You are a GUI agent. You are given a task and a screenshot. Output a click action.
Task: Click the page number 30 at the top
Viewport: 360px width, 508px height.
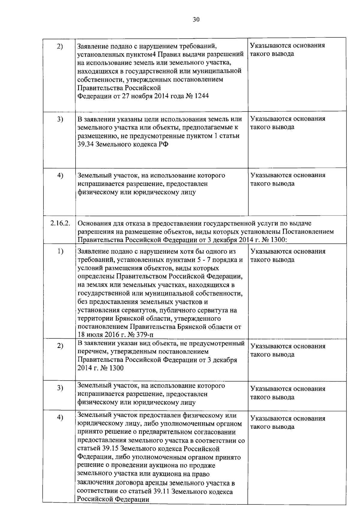196,20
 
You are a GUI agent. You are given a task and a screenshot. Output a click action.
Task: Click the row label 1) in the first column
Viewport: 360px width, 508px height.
60,251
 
